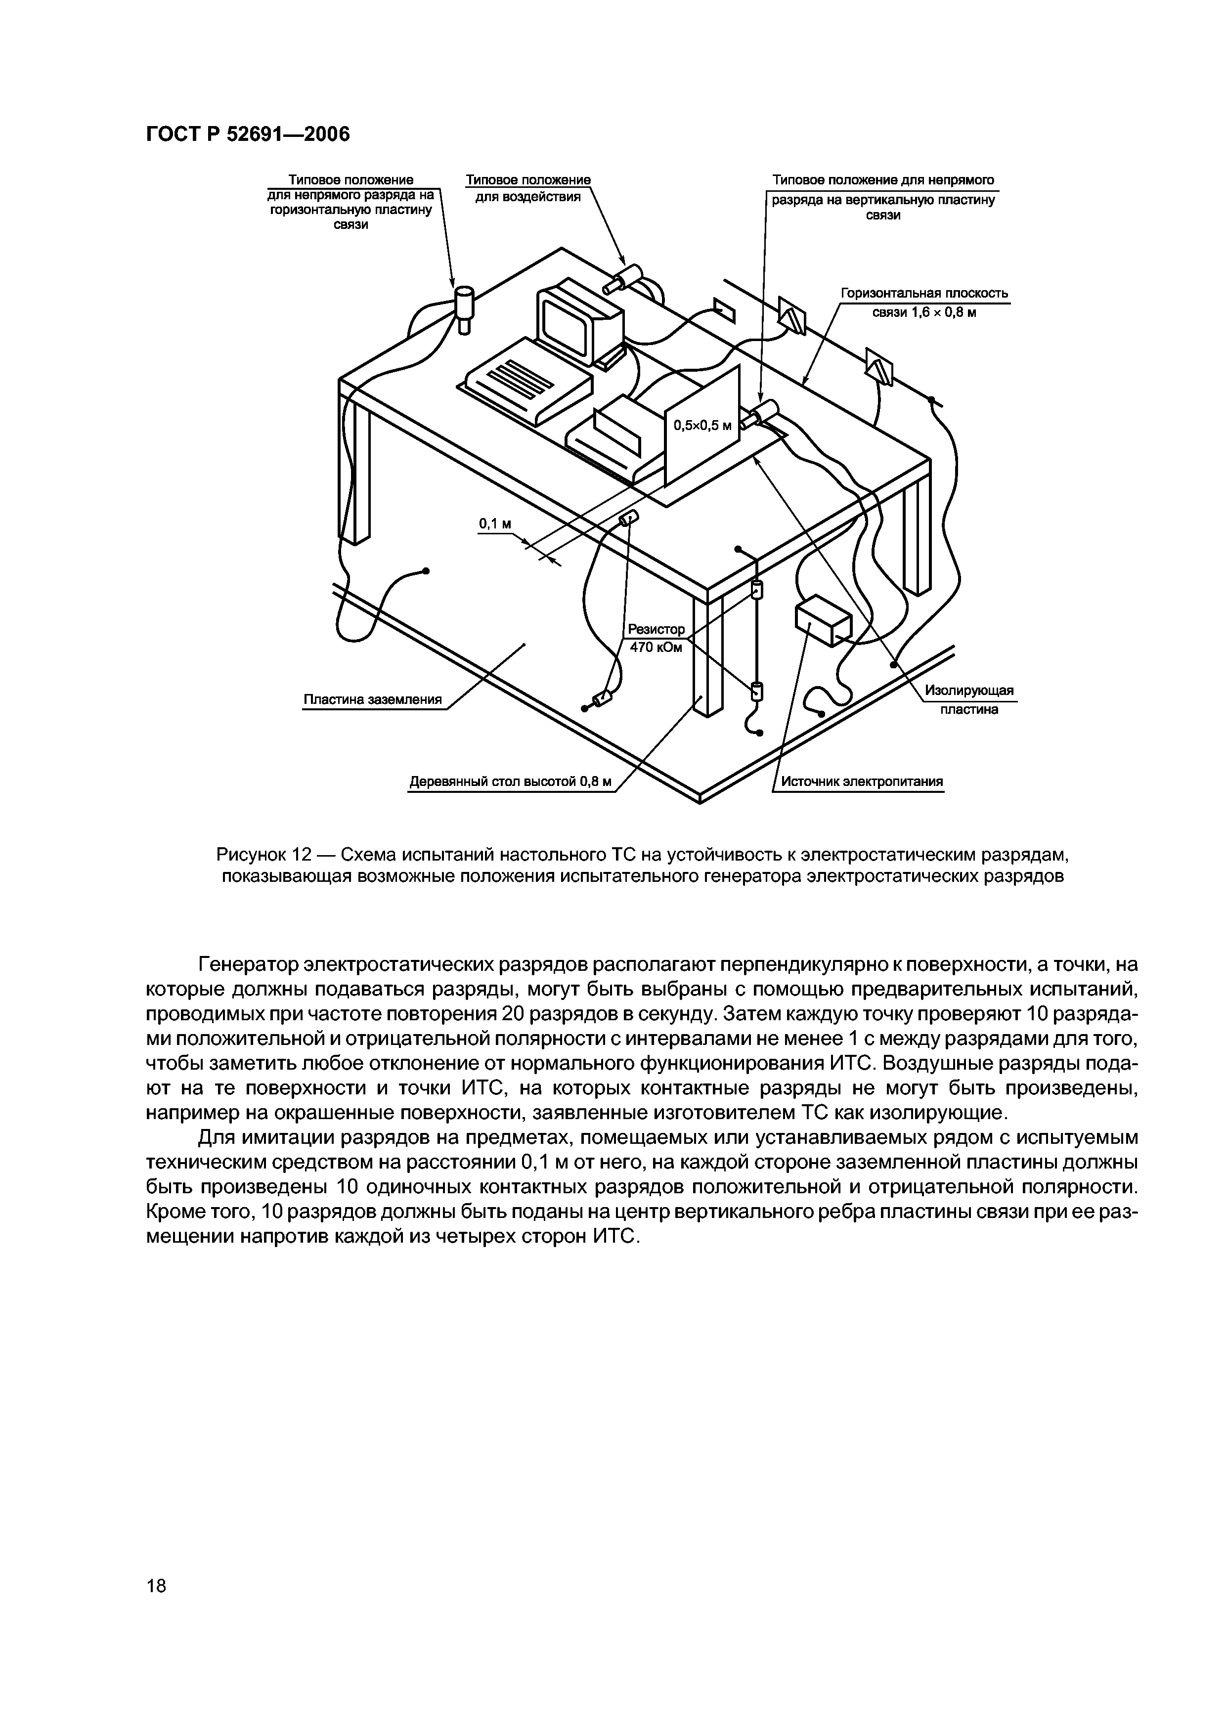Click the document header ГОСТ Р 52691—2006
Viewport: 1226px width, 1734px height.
coord(248,134)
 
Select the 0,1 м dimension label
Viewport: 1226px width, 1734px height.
coord(495,523)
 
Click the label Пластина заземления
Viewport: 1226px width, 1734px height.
coord(372,699)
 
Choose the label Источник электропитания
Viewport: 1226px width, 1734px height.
coord(862,781)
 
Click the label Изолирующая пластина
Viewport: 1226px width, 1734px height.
coord(969,700)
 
